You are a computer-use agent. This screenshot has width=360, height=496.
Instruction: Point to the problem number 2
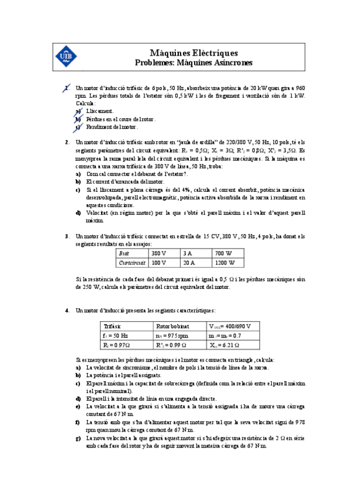point(67,142)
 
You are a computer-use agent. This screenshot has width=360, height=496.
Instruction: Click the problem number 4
point(67,310)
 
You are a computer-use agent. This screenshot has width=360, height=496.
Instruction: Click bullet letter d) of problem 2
point(79,213)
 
